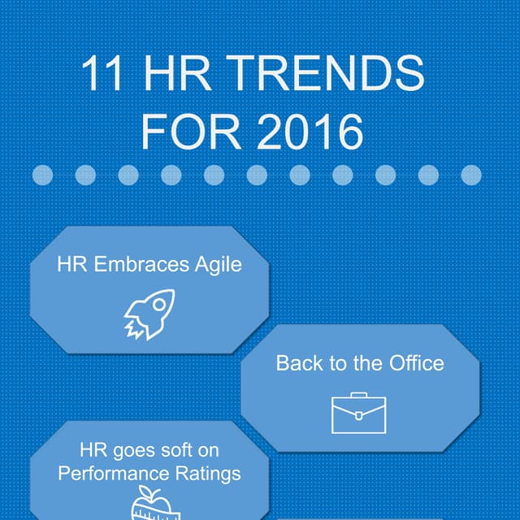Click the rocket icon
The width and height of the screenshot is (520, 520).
click(x=149, y=314)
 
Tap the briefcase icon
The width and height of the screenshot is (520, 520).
click(x=358, y=414)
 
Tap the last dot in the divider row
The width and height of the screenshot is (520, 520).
click(x=471, y=175)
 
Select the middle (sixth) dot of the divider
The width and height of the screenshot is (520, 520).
click(x=257, y=175)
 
